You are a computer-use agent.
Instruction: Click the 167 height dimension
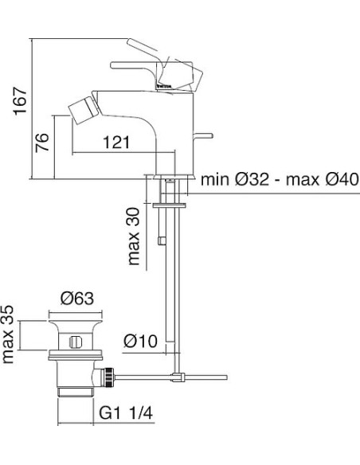21,101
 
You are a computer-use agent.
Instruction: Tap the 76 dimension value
42,143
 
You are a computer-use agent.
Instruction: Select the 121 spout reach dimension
116,143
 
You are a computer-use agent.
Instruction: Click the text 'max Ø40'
323,179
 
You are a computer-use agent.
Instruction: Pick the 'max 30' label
134,236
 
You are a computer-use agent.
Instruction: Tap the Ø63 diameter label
77,298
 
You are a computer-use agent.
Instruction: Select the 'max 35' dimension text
8,334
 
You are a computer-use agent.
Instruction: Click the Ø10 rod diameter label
140,341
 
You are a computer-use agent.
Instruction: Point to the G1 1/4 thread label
126,412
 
